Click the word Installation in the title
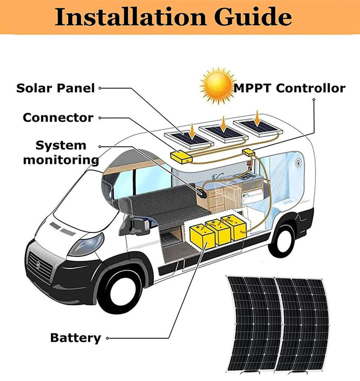tap(130, 17)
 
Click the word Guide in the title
tap(252, 17)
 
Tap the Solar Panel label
tap(55, 88)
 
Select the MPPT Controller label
tap(290, 88)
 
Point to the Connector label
tap(58, 117)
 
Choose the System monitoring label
tap(61, 152)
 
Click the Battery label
tap(75, 338)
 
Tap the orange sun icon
tap(217, 86)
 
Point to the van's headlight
tap(86, 244)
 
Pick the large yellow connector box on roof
tap(182, 156)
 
